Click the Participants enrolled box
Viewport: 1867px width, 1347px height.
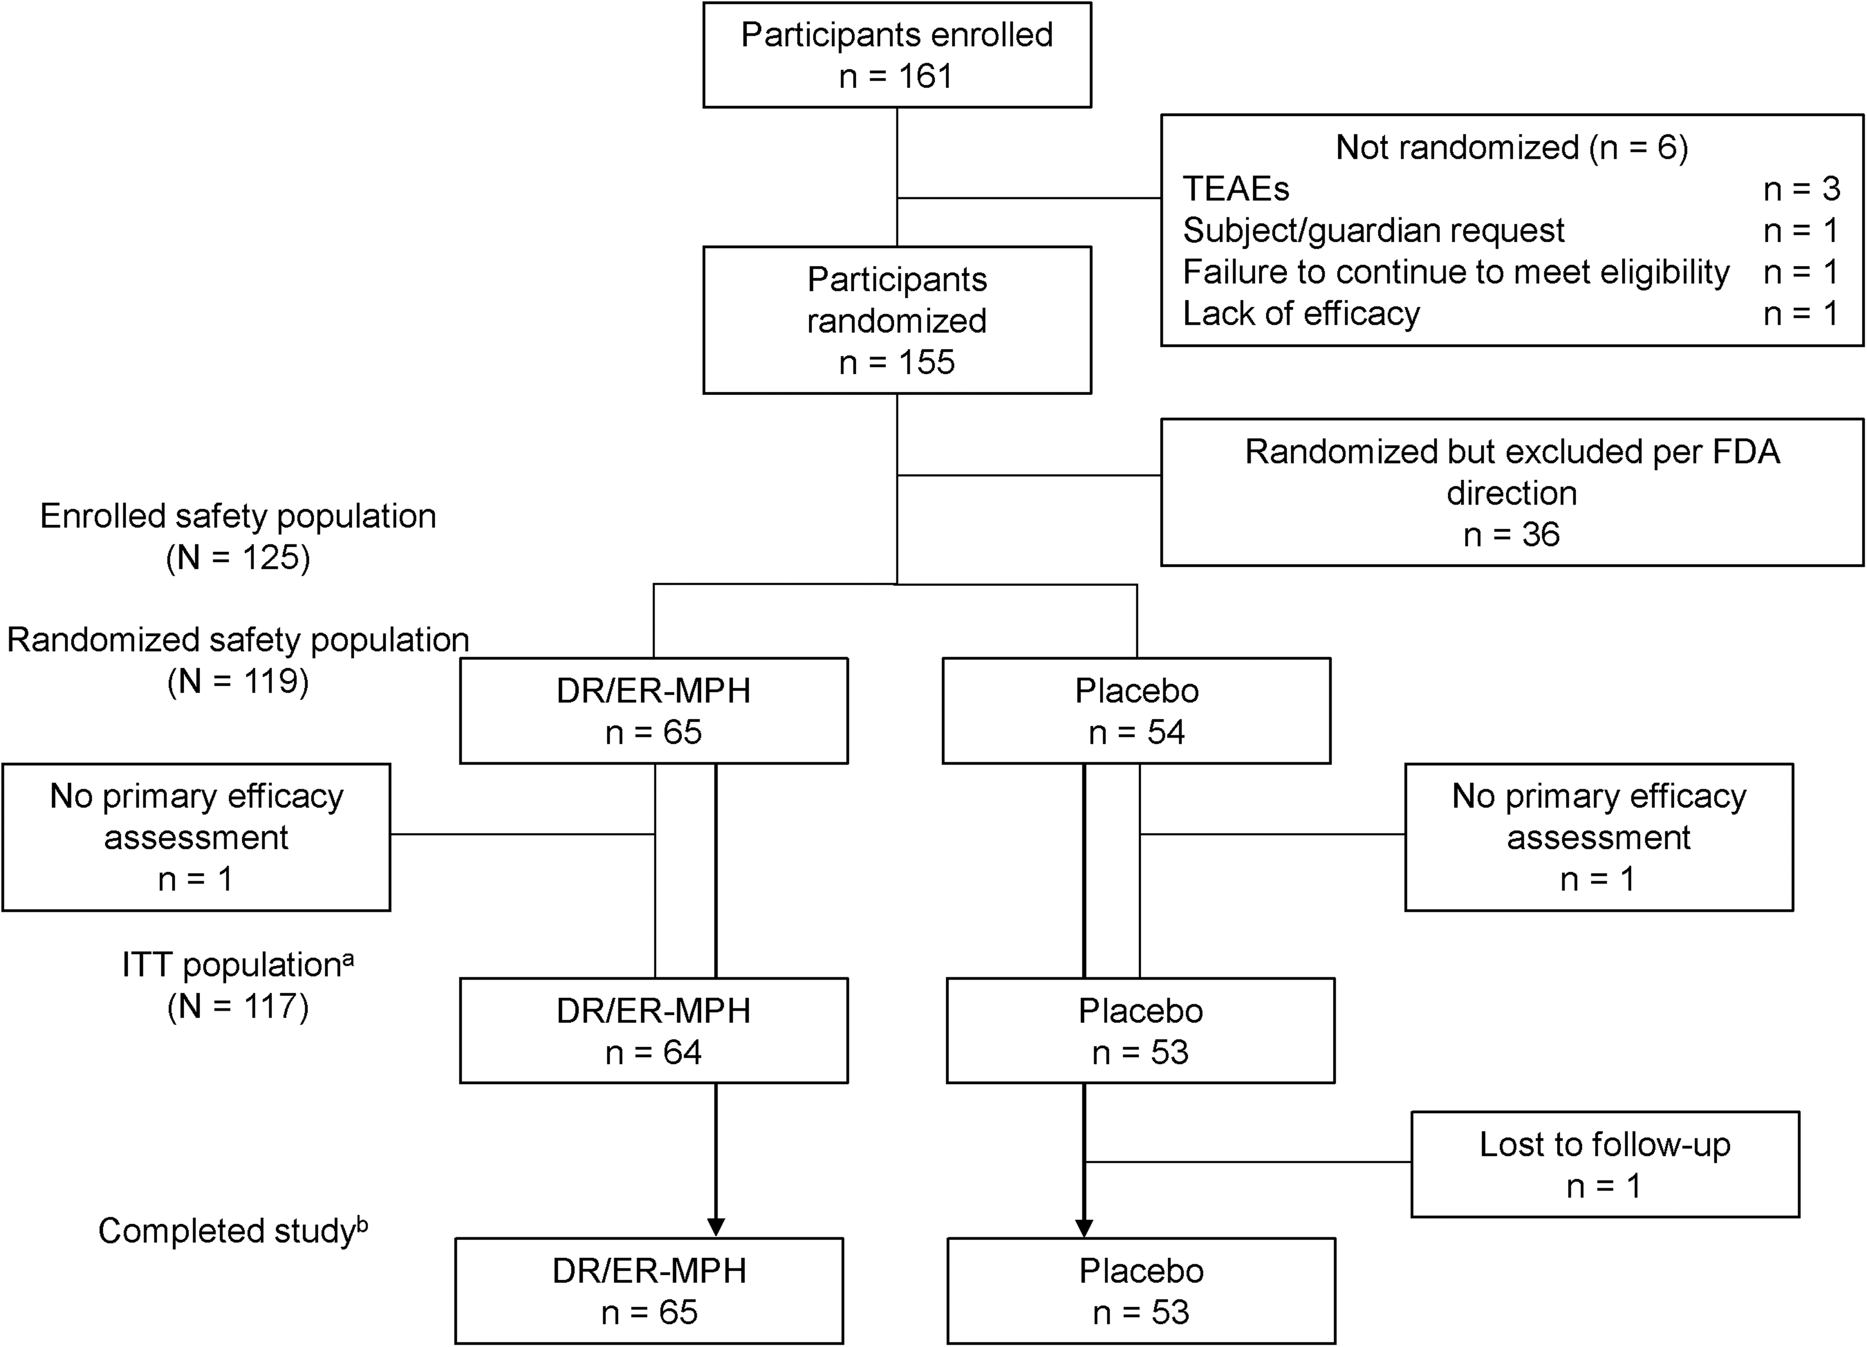[x=897, y=55]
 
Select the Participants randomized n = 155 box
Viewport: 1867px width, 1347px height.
[x=897, y=320]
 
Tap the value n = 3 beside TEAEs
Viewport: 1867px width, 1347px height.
[x=1801, y=189]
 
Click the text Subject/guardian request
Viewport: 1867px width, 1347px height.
[x=1373, y=230]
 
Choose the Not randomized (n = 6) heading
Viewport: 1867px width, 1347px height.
[x=1511, y=147]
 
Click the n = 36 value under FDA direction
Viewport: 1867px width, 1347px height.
[x=1511, y=535]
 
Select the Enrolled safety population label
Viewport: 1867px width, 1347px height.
[x=238, y=516]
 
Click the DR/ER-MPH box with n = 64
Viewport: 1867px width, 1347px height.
[x=653, y=1030]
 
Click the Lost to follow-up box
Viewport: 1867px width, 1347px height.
[x=1605, y=1164]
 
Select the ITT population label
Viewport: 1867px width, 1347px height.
[x=231, y=965]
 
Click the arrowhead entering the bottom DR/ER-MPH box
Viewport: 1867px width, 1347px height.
[x=716, y=1226]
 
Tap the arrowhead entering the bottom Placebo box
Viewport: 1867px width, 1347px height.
[x=1084, y=1226]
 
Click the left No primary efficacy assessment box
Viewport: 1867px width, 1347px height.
[x=196, y=837]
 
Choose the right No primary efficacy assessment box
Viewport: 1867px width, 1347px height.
[x=1599, y=837]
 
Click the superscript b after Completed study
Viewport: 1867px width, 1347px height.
[x=362, y=1224]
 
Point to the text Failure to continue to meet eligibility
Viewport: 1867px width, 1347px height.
[x=1456, y=272]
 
